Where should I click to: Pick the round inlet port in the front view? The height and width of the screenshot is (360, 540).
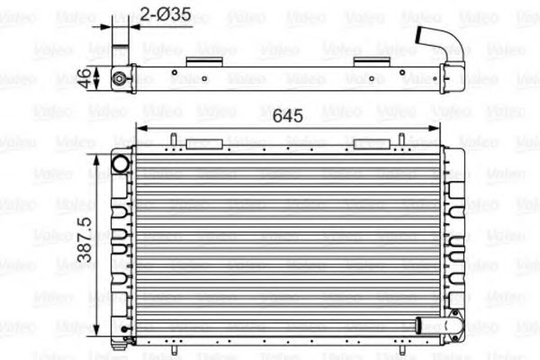coord(121,163)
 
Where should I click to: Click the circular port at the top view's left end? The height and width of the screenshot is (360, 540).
coord(119,78)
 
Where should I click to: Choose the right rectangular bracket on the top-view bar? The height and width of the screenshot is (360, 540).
coord(371,61)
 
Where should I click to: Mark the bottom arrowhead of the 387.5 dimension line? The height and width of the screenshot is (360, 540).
coord(97,332)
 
